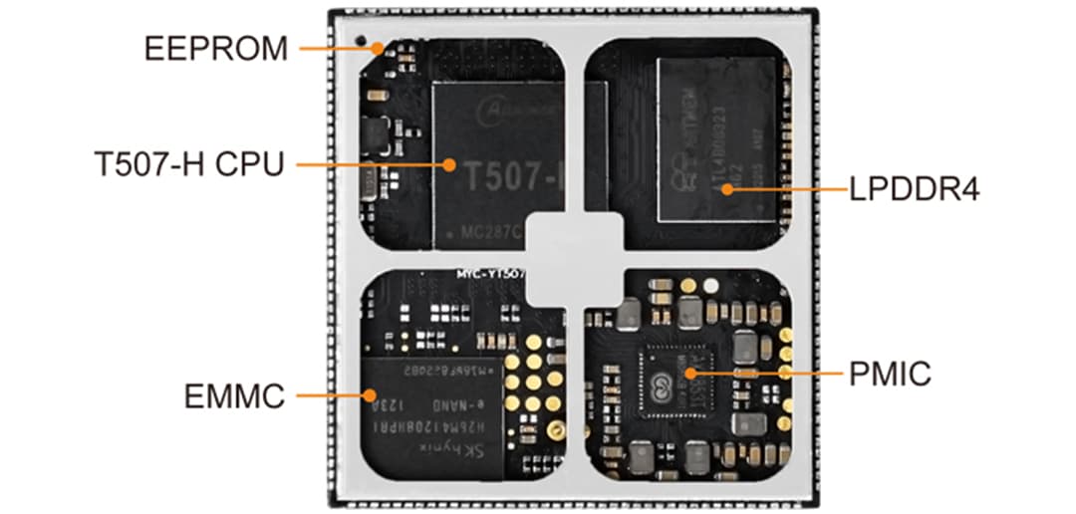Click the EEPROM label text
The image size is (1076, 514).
pos(216,48)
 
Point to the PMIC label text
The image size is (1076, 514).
pos(890,375)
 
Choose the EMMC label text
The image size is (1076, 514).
pos(234,396)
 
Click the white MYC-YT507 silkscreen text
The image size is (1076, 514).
pos(488,272)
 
